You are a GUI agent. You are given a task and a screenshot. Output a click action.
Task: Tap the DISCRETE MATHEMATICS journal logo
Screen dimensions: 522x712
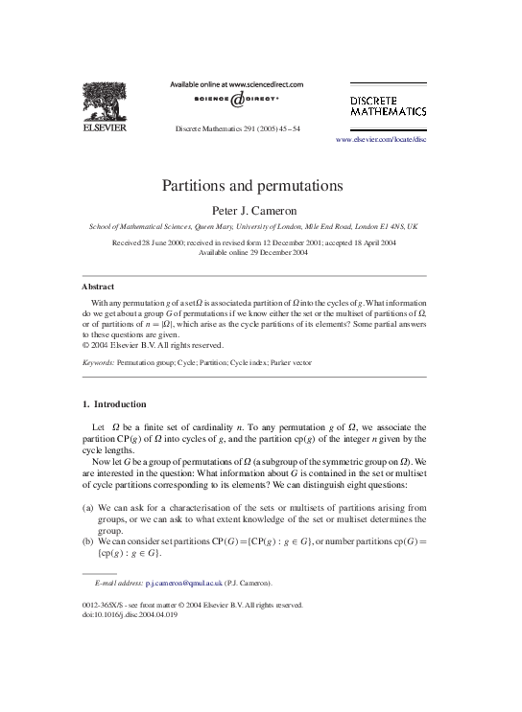click(x=388, y=105)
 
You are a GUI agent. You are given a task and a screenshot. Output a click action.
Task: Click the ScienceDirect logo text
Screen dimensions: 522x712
click(x=236, y=100)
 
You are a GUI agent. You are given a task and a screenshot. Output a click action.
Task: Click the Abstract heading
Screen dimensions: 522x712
click(x=98, y=287)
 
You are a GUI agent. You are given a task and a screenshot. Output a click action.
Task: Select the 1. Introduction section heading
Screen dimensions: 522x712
click(x=114, y=404)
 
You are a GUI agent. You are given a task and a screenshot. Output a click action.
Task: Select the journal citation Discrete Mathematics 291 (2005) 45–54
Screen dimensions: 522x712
click(x=237, y=127)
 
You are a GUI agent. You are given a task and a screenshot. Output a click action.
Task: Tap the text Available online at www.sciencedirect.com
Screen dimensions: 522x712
click(x=236, y=84)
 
